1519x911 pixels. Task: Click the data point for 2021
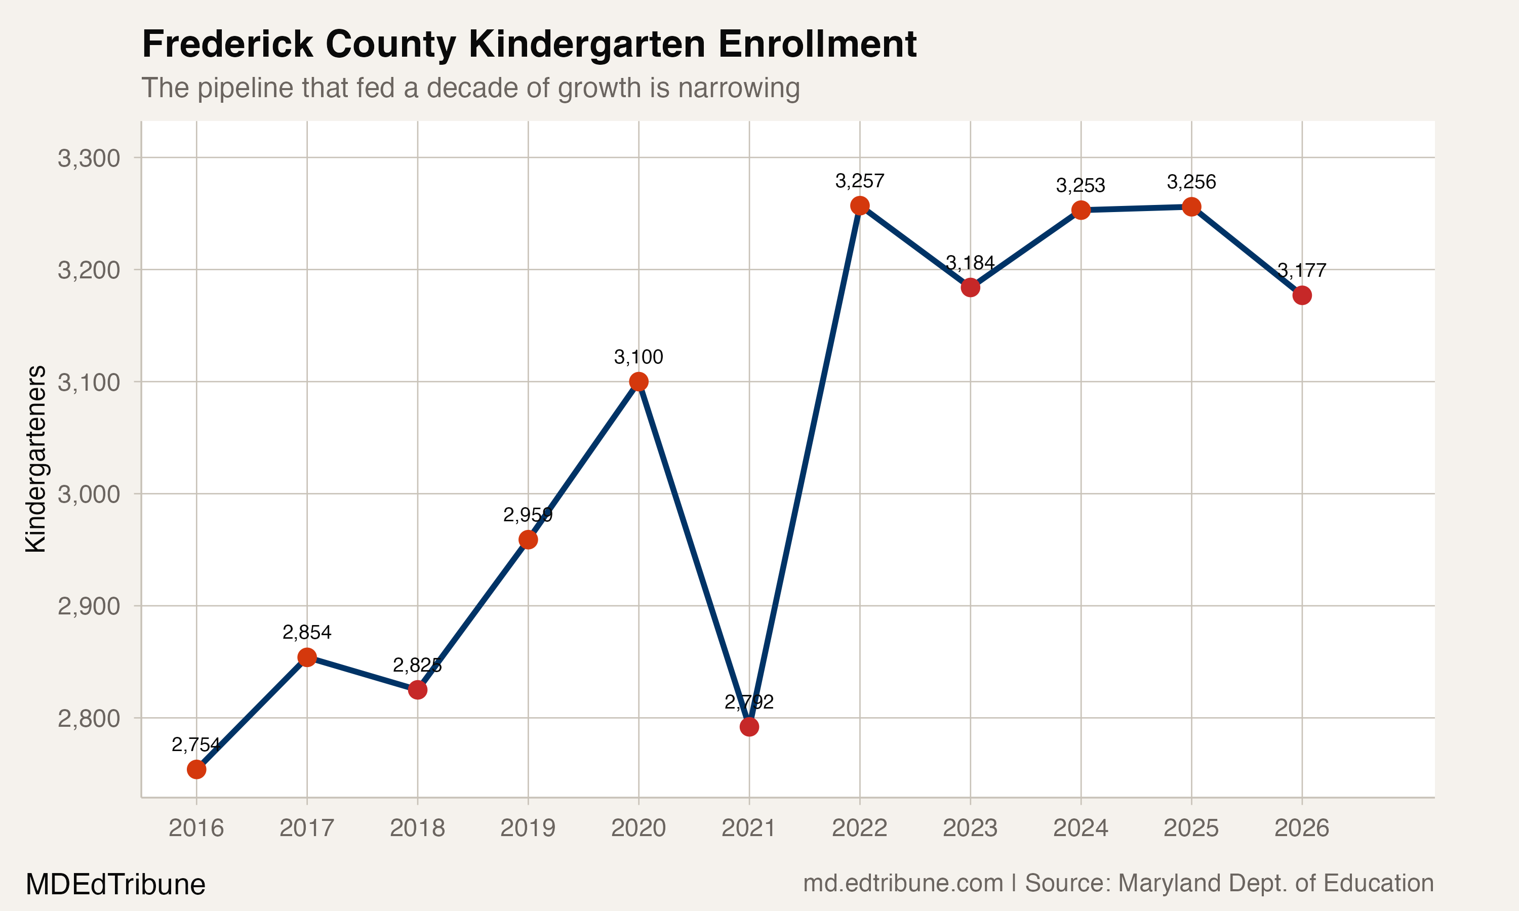[x=749, y=727]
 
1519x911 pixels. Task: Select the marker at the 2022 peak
[x=860, y=205]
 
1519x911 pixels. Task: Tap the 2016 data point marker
[x=196, y=769]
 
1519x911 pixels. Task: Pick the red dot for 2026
[x=1302, y=295]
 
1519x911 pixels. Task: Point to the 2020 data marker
[x=638, y=382]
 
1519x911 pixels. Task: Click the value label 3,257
[x=860, y=181]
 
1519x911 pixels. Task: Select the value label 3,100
[x=638, y=357]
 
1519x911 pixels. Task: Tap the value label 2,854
[x=306, y=632]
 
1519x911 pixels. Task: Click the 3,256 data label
[x=1191, y=182]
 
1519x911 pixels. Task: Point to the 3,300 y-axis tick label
[x=89, y=158]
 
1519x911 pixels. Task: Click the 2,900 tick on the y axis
[x=89, y=606]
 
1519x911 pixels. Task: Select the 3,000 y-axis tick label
[x=89, y=494]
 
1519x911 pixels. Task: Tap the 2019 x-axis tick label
[x=528, y=828]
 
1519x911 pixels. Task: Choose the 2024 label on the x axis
[x=1081, y=828]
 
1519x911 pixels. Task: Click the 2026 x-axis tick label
[x=1302, y=828]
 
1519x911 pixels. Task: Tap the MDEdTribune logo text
[x=115, y=885]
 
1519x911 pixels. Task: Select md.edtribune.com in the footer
[x=903, y=883]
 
